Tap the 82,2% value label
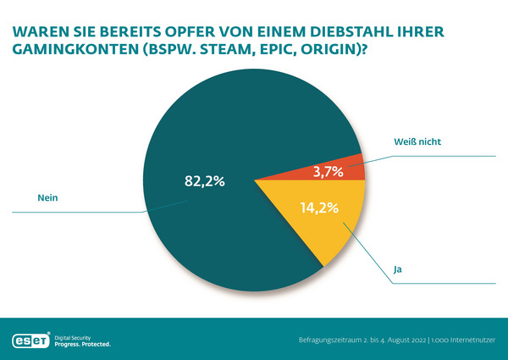[205, 180]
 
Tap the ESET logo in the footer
[30, 341]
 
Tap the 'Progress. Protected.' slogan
[82, 345]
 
